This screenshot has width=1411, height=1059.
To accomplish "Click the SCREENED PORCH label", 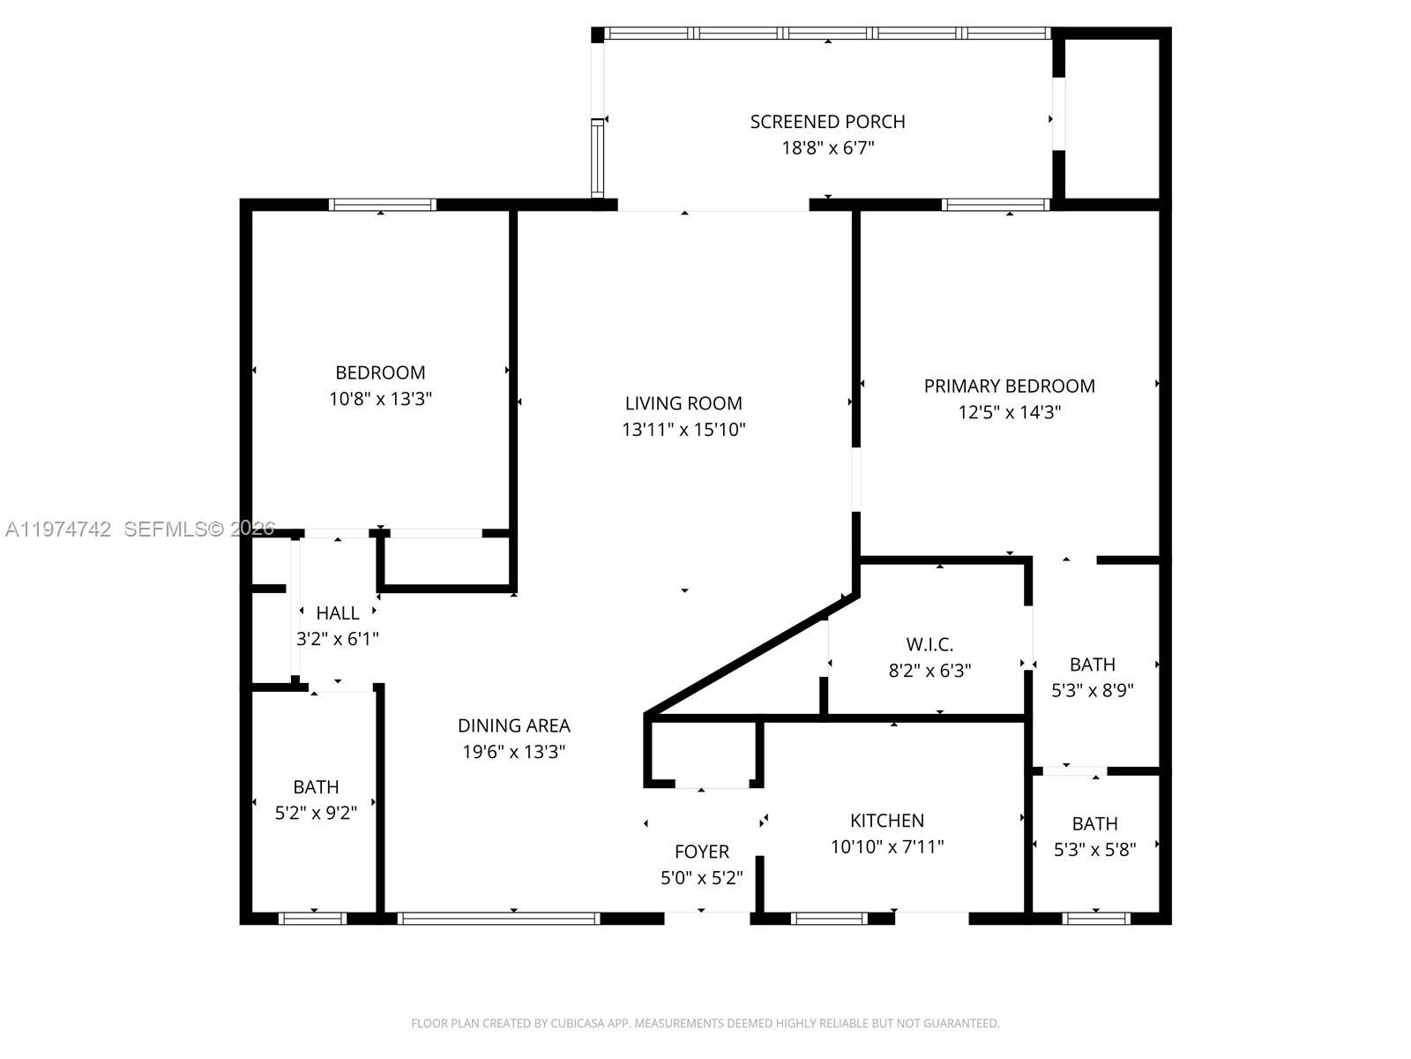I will click(827, 122).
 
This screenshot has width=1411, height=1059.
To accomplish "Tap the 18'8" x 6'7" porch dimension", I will click(827, 147).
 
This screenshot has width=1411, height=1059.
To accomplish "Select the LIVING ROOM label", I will click(683, 403).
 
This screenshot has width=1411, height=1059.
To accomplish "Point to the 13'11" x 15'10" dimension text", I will click(683, 430).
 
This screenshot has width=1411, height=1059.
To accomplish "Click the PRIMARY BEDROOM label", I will click(1009, 386).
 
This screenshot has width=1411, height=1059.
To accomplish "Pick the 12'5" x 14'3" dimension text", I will click(1009, 412).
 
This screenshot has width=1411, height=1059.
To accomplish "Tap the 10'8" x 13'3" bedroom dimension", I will click(380, 399).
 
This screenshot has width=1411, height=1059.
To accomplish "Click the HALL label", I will click(338, 612).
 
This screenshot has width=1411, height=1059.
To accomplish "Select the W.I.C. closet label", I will click(929, 644).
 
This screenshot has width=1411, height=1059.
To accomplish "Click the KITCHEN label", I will click(886, 820).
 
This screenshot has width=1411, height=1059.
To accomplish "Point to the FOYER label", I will click(701, 852).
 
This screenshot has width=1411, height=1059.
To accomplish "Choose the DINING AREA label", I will click(513, 725).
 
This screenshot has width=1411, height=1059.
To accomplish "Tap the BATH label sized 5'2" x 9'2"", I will click(316, 786).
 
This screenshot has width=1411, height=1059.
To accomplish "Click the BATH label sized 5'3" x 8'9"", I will click(1092, 665).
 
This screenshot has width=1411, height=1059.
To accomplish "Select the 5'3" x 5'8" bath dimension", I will click(1094, 850).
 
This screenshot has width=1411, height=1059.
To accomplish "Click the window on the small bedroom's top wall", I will click(382, 205).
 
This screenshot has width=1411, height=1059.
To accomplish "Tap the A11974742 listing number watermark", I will click(58, 529).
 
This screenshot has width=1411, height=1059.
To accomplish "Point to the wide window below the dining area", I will click(498, 919).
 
